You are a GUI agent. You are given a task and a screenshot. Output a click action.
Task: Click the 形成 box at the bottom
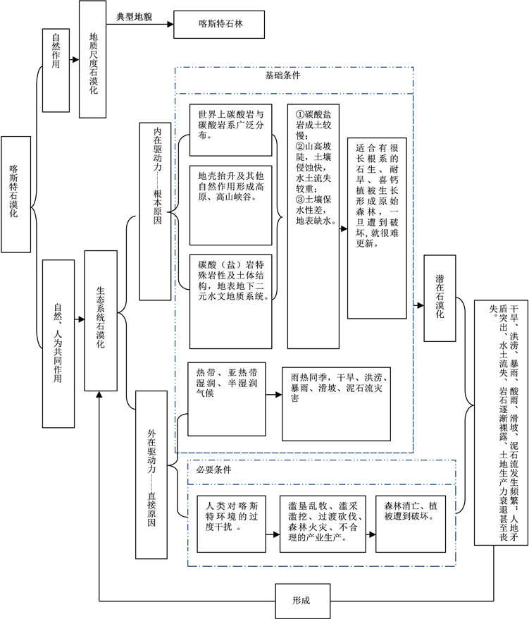click(x=301, y=601)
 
